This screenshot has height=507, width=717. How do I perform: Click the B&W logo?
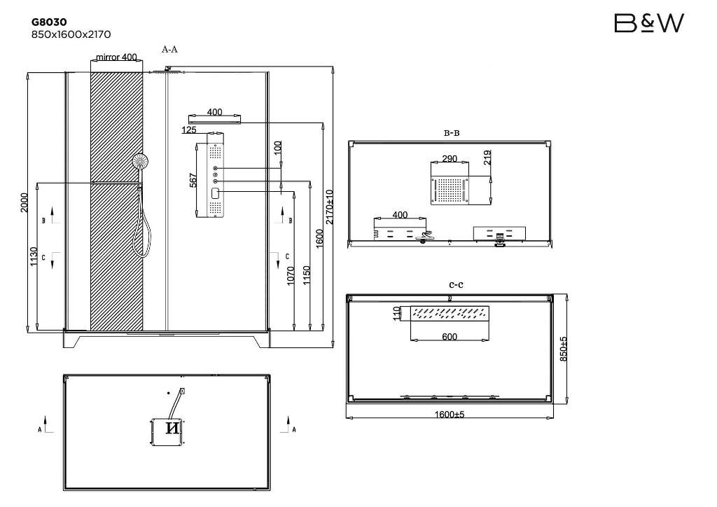(649, 23)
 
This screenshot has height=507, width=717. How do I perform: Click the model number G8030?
(49, 22)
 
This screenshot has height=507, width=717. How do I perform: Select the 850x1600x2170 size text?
(71, 34)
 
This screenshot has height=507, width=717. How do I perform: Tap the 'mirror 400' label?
(117, 57)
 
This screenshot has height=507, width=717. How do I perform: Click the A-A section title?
(169, 50)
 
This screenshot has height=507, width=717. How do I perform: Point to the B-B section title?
(452, 133)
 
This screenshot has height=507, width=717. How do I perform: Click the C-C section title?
(456, 284)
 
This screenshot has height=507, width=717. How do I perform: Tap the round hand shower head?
(141, 161)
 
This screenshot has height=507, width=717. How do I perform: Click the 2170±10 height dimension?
(329, 207)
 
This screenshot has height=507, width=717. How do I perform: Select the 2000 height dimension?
(25, 202)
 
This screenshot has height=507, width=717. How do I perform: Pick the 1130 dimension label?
(34, 256)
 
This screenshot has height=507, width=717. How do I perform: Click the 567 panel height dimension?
(193, 180)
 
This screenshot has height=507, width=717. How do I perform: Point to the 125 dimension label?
(189, 130)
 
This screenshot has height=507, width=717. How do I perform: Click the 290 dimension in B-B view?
(450, 159)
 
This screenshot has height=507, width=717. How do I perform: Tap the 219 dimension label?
(487, 158)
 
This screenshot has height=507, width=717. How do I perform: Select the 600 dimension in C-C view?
(450, 337)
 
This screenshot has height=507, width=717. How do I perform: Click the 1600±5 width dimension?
(449, 415)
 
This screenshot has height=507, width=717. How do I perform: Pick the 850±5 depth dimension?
(564, 349)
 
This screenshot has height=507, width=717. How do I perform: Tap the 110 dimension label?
(396, 314)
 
